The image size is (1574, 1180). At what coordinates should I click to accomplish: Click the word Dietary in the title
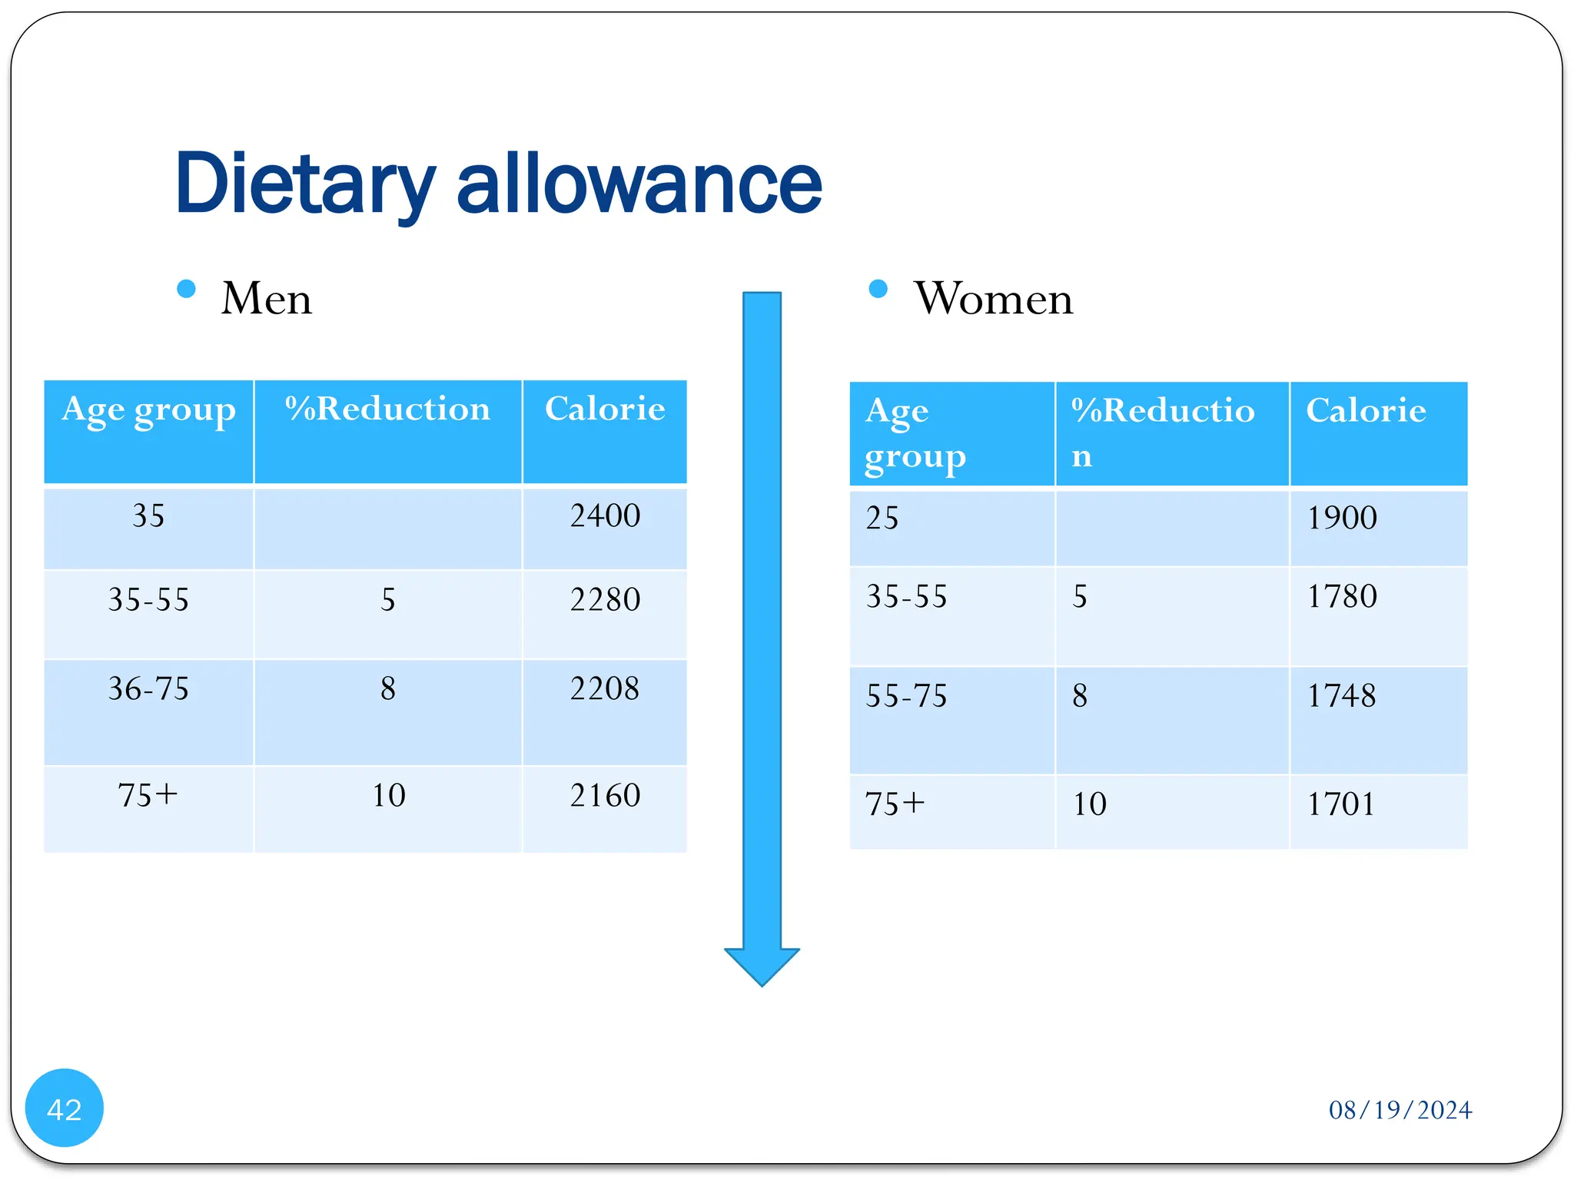click(304, 184)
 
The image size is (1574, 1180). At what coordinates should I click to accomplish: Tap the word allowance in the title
click(639, 184)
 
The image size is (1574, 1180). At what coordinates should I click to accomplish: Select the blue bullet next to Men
click(186, 289)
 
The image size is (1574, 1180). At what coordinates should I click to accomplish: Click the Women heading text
click(993, 298)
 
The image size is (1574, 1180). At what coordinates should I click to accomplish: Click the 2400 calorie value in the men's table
click(605, 515)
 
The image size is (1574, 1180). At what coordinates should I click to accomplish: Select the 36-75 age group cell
click(148, 688)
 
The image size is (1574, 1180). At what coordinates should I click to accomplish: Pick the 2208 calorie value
click(605, 688)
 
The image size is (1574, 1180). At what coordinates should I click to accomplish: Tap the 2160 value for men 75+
click(605, 795)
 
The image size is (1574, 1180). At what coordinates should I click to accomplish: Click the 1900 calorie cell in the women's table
click(1342, 518)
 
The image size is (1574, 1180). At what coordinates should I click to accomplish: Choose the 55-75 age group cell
click(907, 696)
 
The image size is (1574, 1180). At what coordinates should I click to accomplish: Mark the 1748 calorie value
click(1342, 696)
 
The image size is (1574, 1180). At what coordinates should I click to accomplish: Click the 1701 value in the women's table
click(1341, 804)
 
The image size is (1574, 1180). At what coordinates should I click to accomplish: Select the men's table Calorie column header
click(605, 409)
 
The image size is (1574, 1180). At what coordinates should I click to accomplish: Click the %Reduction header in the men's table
click(387, 409)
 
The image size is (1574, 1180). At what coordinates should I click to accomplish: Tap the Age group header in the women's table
click(915, 433)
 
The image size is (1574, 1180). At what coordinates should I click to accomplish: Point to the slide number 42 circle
click(65, 1109)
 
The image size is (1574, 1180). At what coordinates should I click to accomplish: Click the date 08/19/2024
click(1400, 1110)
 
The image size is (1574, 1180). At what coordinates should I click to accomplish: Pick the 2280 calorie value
click(605, 600)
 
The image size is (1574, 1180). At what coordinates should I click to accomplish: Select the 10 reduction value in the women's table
click(1089, 804)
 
